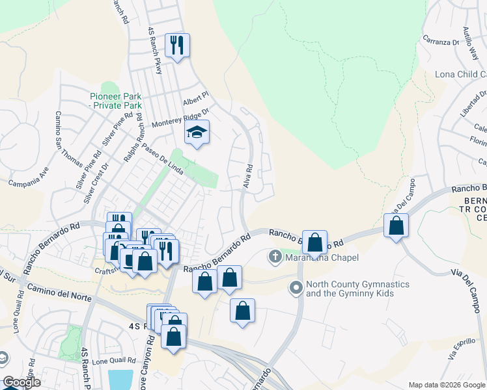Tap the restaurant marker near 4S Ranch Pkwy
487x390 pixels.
tap(177, 46)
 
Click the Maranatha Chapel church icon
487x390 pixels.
tap(275, 258)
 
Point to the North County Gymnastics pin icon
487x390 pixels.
tap(297, 286)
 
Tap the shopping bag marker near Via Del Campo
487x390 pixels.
tap(396, 226)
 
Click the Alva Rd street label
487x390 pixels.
tap(248, 176)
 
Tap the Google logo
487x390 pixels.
tap(21, 382)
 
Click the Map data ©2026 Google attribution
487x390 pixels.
tap(446, 385)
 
